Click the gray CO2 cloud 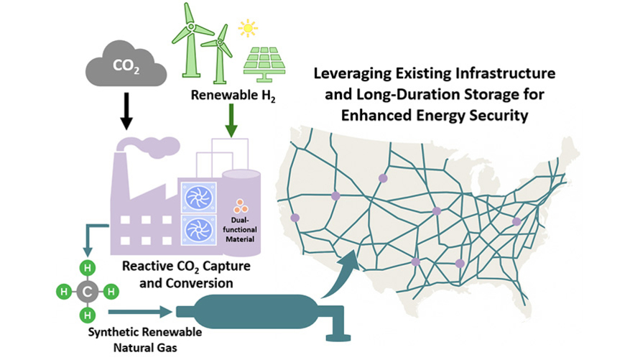tap(126, 64)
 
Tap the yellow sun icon tap(248, 28)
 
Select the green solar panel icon tap(264, 63)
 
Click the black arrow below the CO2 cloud tap(126, 111)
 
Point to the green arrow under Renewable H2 tap(231, 121)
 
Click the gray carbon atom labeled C tap(88, 291)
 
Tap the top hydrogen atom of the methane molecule tap(87, 268)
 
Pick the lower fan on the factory tap(199, 230)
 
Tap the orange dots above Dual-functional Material tap(241, 206)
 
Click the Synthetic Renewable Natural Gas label tap(145, 339)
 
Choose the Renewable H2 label tap(233, 96)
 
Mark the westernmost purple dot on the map tap(295, 218)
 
